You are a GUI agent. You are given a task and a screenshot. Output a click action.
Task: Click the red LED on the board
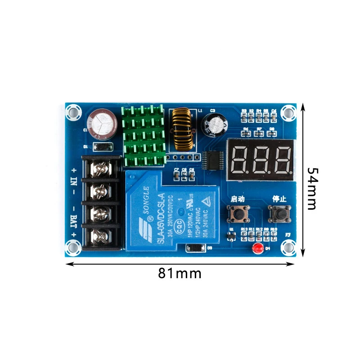pos(257,248)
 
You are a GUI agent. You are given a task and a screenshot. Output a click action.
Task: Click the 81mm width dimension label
pos(180,273)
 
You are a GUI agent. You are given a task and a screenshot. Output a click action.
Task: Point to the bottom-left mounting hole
pos(72,247)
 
